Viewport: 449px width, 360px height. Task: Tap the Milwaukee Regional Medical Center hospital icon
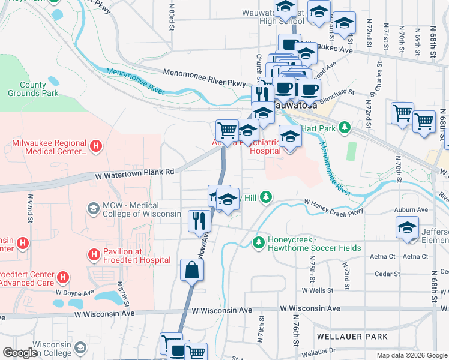95,146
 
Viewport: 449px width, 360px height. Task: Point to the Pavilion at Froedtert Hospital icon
94,255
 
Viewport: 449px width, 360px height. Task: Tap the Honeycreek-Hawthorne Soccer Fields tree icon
258,242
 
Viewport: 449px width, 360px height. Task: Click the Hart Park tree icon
344,127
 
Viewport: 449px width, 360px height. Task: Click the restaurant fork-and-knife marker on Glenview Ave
199,221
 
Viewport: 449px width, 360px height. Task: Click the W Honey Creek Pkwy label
333,206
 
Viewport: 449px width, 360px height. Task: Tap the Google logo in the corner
20,353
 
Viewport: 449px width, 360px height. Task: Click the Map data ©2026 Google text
411,355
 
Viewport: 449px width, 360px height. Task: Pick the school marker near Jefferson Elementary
407,228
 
